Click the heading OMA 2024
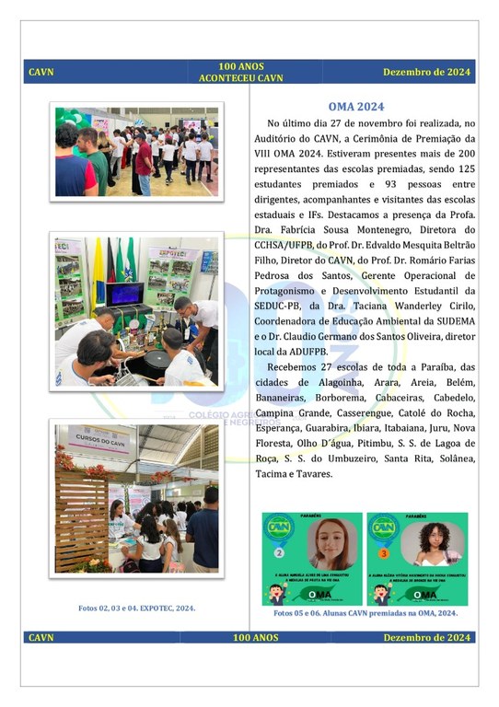(363, 107)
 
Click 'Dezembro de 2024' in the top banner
(426, 72)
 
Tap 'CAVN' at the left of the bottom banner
(41, 637)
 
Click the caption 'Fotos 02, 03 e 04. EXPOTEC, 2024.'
(136, 608)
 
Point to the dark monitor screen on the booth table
(126, 295)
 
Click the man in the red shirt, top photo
(142, 156)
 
